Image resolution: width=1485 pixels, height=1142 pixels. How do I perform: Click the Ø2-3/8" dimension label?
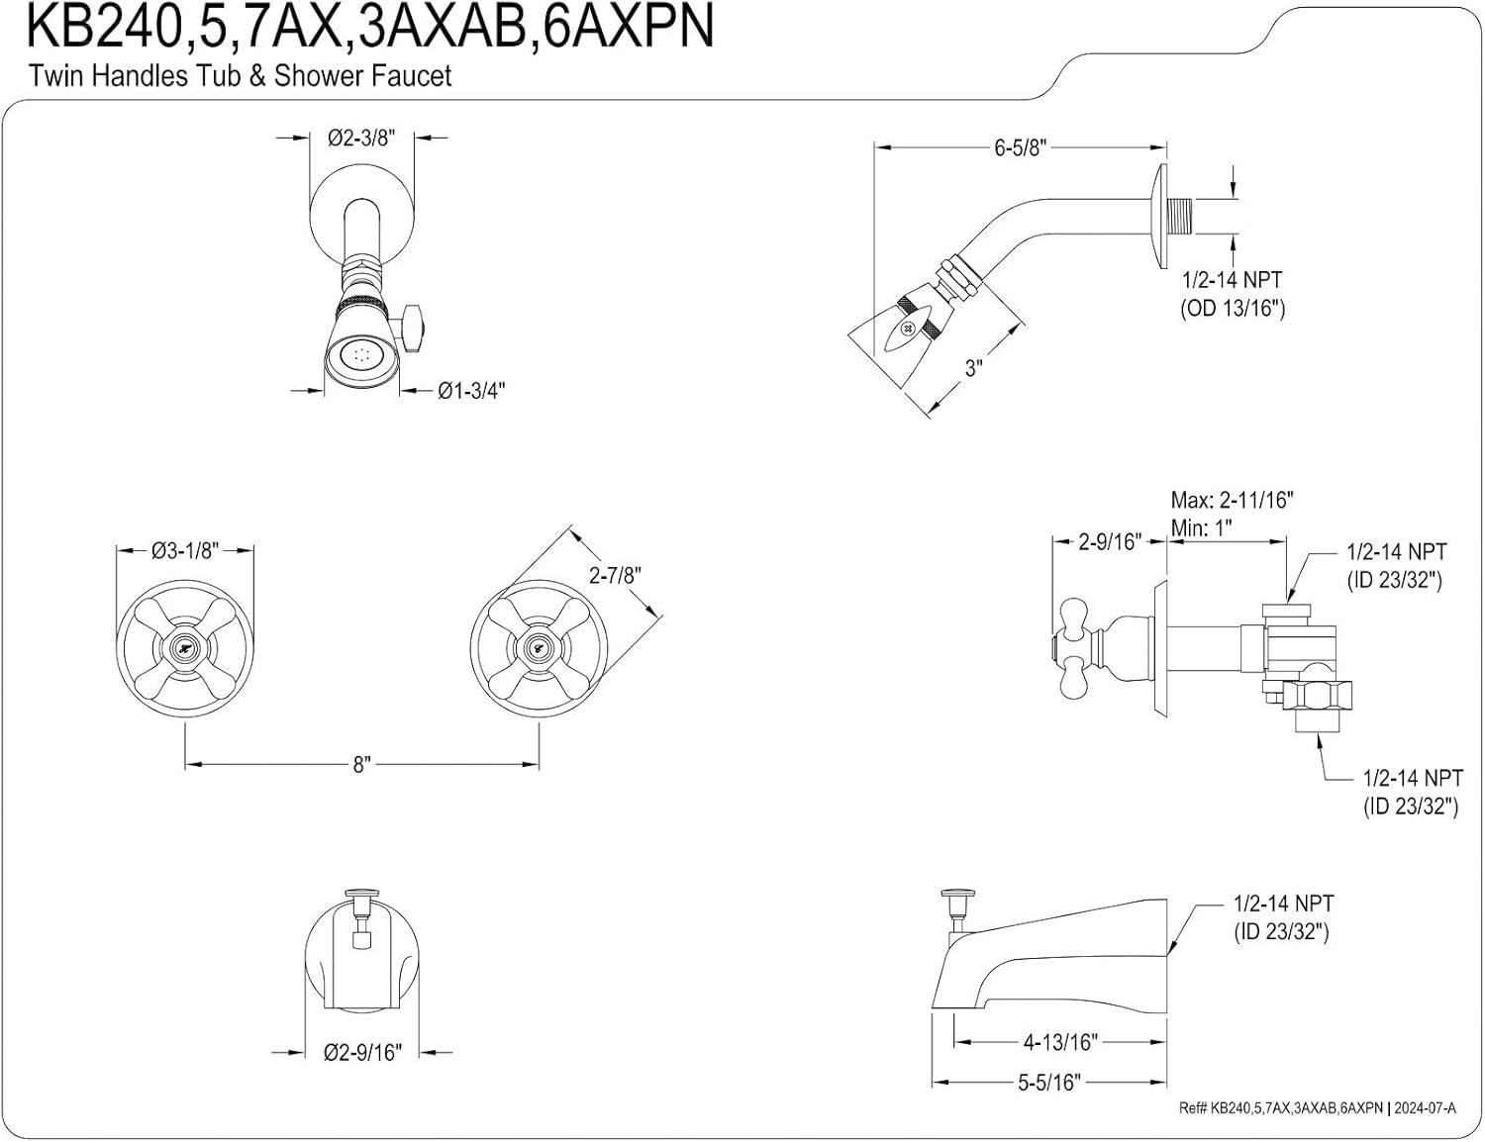click(361, 139)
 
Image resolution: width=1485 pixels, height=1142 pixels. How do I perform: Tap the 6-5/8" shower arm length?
click(1020, 148)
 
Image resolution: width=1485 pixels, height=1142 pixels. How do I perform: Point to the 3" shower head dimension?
click(974, 369)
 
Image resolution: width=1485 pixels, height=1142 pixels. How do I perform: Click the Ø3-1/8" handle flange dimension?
click(185, 551)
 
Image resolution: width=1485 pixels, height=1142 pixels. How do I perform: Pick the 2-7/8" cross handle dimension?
click(615, 575)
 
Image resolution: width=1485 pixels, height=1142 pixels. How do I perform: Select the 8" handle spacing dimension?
click(361, 765)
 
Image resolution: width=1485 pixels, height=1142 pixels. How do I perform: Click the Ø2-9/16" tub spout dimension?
click(362, 1052)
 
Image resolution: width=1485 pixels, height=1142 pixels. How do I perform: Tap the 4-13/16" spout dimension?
click(1059, 1042)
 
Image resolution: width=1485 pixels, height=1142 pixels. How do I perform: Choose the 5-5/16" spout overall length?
click(1048, 1083)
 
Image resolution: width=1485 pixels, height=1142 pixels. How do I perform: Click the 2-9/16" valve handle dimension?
click(1109, 541)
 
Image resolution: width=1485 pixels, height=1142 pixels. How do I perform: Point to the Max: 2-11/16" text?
click(1232, 500)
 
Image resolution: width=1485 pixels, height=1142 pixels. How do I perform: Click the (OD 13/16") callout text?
click(1232, 309)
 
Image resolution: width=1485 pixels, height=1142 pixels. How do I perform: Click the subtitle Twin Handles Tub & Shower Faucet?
click(241, 76)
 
